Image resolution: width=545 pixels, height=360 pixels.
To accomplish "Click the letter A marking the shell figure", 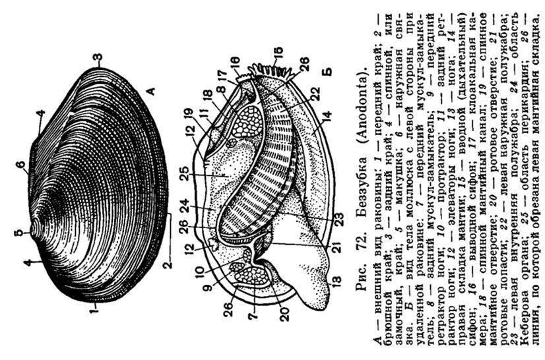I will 150,92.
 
